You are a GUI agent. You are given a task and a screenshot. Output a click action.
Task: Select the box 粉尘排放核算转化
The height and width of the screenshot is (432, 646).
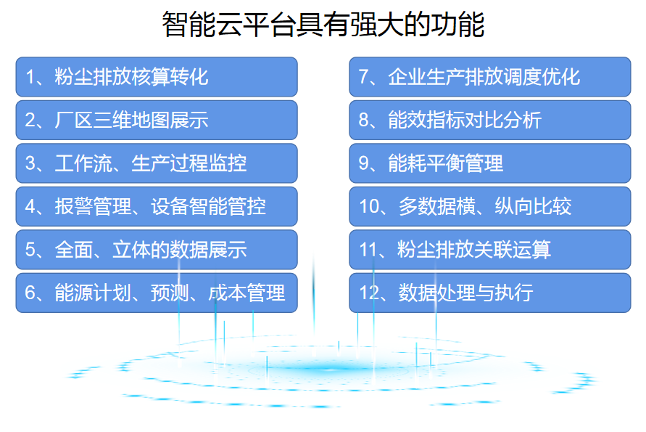(x=157, y=77)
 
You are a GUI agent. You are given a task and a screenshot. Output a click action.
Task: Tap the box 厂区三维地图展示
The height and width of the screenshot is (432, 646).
(x=157, y=120)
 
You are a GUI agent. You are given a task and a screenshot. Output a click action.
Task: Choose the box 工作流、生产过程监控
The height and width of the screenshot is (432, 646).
(x=157, y=163)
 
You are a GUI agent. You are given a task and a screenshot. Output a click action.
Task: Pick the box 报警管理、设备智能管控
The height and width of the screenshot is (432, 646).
(x=157, y=206)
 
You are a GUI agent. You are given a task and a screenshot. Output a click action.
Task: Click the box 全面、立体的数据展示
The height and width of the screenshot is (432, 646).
(x=157, y=250)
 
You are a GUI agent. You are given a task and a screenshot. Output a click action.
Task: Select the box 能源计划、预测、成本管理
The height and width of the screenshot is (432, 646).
(x=157, y=293)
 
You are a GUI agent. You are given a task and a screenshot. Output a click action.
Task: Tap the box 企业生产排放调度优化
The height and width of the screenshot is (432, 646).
(x=490, y=77)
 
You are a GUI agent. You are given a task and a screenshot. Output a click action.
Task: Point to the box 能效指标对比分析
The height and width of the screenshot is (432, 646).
(x=490, y=120)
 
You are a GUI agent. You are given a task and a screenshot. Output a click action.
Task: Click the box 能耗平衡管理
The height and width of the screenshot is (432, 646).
(x=490, y=163)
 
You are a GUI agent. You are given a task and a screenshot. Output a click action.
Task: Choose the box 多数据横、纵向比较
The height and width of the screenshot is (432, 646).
(x=490, y=206)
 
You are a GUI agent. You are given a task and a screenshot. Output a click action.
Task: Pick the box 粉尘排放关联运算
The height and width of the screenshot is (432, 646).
(x=490, y=250)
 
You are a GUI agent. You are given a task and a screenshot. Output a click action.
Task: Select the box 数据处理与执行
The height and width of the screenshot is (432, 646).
(x=490, y=293)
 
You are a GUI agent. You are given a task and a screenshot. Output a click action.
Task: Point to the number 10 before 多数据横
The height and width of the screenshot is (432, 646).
(x=369, y=207)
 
